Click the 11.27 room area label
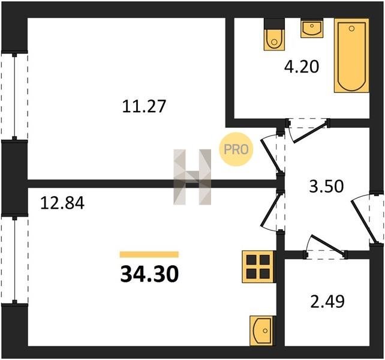pyautogui.click(x=144, y=107)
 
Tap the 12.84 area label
pyautogui.click(x=62, y=203)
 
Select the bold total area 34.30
pyautogui.click(x=149, y=274)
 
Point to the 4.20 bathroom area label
pyautogui.click(x=302, y=67)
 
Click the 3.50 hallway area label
pyautogui.click(x=326, y=186)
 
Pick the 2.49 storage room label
pyautogui.click(x=327, y=301)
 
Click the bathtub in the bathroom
pyautogui.click(x=351, y=56)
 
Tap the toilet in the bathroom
pyautogui.click(x=274, y=34)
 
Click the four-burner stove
pyautogui.click(x=258, y=266)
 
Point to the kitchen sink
pyautogui.click(x=261, y=331)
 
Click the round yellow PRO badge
pyautogui.click(x=236, y=149)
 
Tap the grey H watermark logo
pyautogui.click(x=192, y=177)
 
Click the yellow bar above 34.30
pyautogui.click(x=149, y=254)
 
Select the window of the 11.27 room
pyautogui.click(x=14, y=96)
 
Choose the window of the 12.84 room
pyautogui.click(x=14, y=260)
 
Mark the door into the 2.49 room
pyautogui.click(x=328, y=246)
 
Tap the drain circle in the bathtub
pyautogui.click(x=351, y=29)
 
